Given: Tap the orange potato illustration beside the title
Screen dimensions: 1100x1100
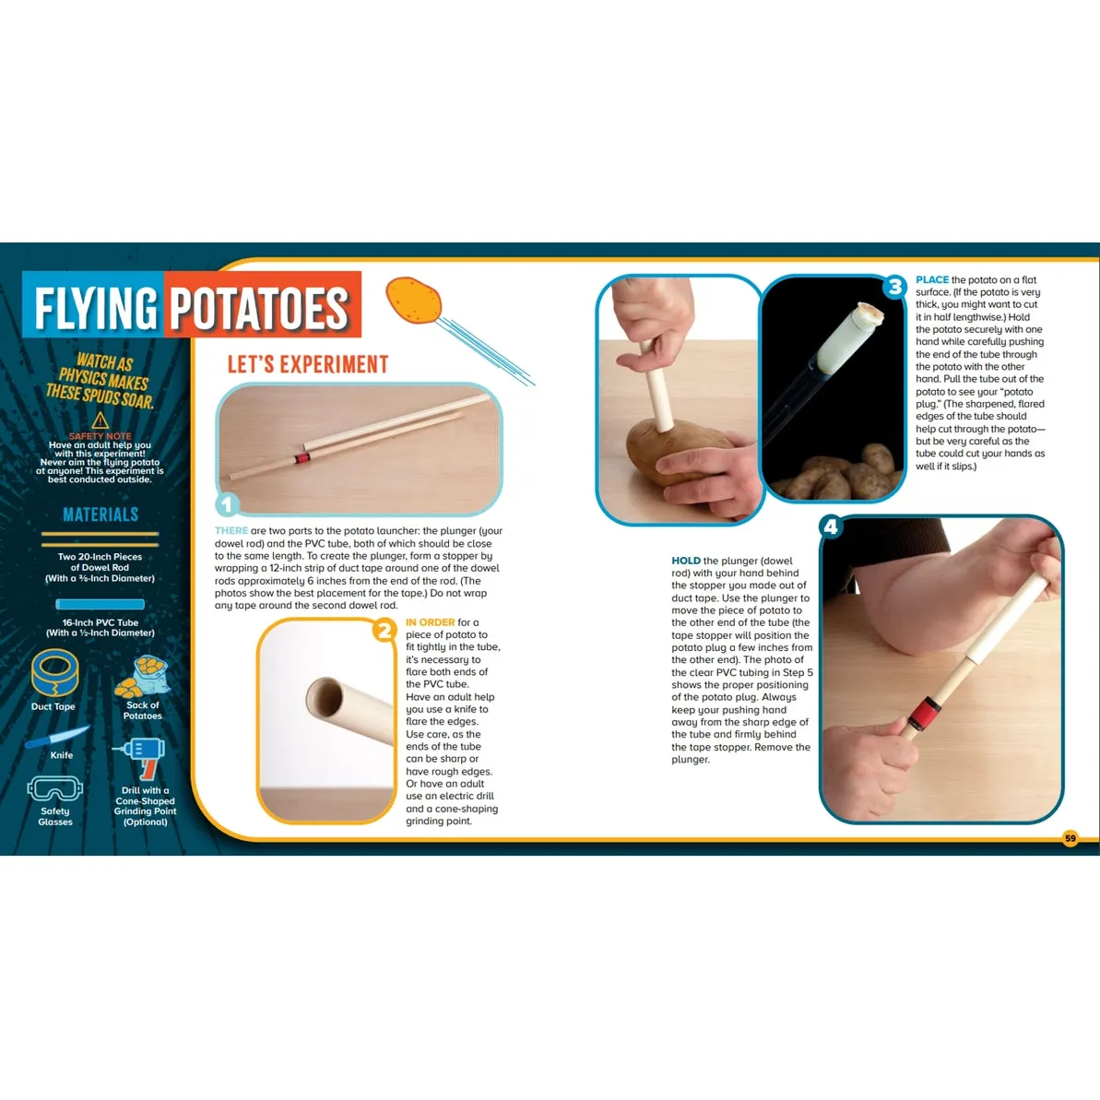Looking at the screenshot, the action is coord(414,301).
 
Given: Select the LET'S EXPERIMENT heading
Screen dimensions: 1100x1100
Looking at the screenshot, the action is coord(307,364).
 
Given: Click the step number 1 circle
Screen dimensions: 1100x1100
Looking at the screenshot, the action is coord(227,503).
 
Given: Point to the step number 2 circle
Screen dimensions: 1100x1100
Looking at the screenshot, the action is coord(384,630).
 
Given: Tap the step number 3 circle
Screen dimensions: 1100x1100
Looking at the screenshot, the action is coord(894,287).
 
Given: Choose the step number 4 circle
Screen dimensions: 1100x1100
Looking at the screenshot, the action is coord(831,526).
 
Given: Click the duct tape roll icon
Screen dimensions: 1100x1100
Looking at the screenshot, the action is coord(54,673).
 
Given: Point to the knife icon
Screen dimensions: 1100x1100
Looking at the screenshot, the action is coord(57,737).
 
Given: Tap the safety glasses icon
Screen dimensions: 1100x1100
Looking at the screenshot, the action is coord(54,789).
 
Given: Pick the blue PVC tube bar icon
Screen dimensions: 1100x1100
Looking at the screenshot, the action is coord(101,604).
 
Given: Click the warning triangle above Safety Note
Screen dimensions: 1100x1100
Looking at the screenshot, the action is coord(101,420).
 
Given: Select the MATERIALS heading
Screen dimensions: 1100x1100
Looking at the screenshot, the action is coord(101,515).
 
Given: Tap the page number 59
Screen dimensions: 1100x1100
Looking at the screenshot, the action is coord(1070,837).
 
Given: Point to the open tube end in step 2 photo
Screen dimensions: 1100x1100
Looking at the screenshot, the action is coord(325,696).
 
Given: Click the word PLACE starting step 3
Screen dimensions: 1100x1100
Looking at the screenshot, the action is coord(931,280).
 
